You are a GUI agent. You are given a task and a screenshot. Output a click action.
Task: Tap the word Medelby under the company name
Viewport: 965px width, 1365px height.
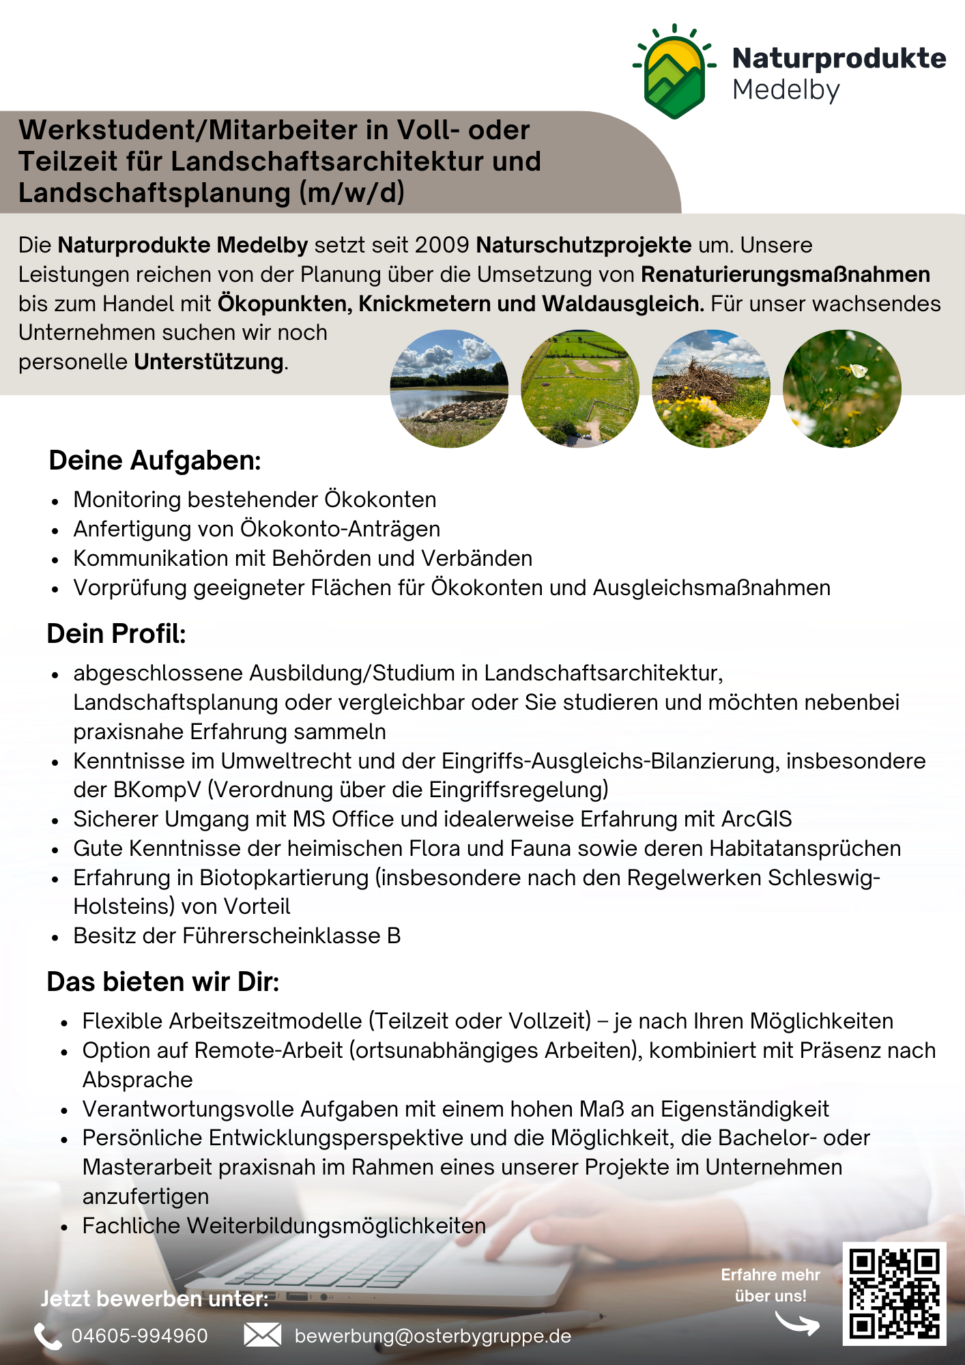tap(786, 90)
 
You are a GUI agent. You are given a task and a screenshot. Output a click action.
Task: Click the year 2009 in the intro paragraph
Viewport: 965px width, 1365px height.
tap(442, 245)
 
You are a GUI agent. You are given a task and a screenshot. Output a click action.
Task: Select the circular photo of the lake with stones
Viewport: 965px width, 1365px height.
tap(449, 389)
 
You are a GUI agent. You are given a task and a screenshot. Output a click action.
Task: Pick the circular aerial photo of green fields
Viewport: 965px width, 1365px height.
tap(580, 389)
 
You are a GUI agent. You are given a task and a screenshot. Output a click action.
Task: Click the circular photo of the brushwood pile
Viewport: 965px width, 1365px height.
tap(711, 389)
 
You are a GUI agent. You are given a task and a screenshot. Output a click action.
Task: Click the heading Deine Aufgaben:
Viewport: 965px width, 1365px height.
tap(155, 461)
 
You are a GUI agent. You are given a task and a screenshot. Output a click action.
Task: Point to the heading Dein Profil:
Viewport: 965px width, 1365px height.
tap(116, 634)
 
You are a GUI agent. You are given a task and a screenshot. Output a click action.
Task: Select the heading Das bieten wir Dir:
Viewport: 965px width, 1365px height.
tap(163, 982)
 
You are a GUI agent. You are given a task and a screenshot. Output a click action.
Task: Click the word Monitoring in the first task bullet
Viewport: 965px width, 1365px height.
tap(127, 500)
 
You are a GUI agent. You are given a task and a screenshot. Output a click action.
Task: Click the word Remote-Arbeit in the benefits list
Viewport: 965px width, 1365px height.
tap(268, 1051)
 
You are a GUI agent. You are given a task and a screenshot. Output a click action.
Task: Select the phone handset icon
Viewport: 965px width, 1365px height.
tap(48, 1336)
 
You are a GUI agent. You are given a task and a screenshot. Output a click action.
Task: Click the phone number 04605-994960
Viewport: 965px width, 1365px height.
tap(140, 1336)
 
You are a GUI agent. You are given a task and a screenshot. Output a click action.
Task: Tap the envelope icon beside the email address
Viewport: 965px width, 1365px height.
tap(263, 1335)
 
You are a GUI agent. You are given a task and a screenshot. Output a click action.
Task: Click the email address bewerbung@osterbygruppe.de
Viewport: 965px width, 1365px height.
tap(433, 1336)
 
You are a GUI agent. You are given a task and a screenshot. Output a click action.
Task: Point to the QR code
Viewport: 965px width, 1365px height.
tap(894, 1294)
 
